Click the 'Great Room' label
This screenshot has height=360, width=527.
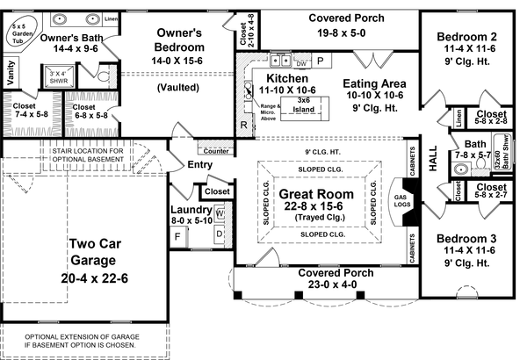click(316, 194)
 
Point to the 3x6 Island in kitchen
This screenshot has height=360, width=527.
click(305, 104)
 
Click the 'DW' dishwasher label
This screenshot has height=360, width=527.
click(301, 63)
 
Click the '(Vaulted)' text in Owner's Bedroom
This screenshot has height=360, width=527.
click(179, 88)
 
